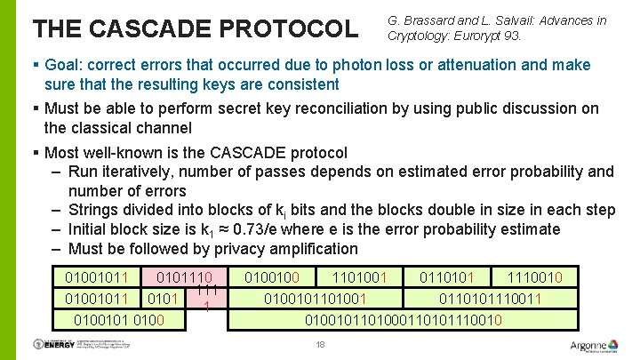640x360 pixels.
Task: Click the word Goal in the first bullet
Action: click(63, 66)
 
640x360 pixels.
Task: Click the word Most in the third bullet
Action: click(60, 153)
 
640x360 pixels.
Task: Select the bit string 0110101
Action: click(454, 277)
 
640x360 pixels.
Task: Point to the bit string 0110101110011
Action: click(497, 298)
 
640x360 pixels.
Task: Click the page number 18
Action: click(320, 345)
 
